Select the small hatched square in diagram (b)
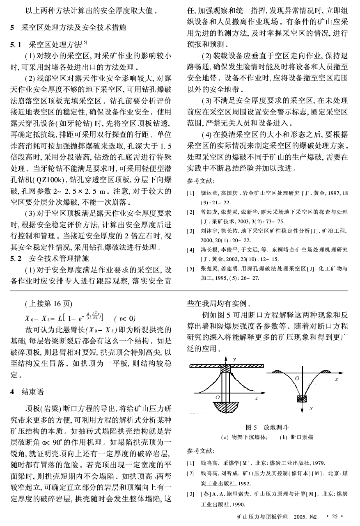302,398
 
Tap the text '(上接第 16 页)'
48,304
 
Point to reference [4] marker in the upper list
190,249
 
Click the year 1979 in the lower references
319,464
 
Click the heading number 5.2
16,259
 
